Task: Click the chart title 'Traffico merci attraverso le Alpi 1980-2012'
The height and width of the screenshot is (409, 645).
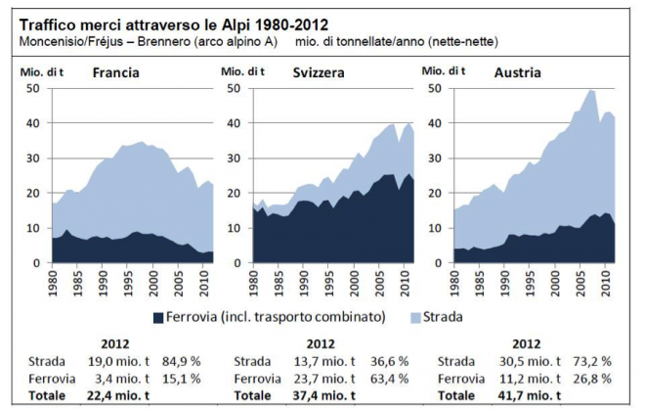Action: point(171,24)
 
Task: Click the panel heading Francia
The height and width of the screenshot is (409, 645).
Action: point(115,73)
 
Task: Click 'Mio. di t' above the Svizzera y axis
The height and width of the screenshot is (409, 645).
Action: point(243,70)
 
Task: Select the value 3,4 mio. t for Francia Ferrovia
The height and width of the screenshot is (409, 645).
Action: point(110,377)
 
